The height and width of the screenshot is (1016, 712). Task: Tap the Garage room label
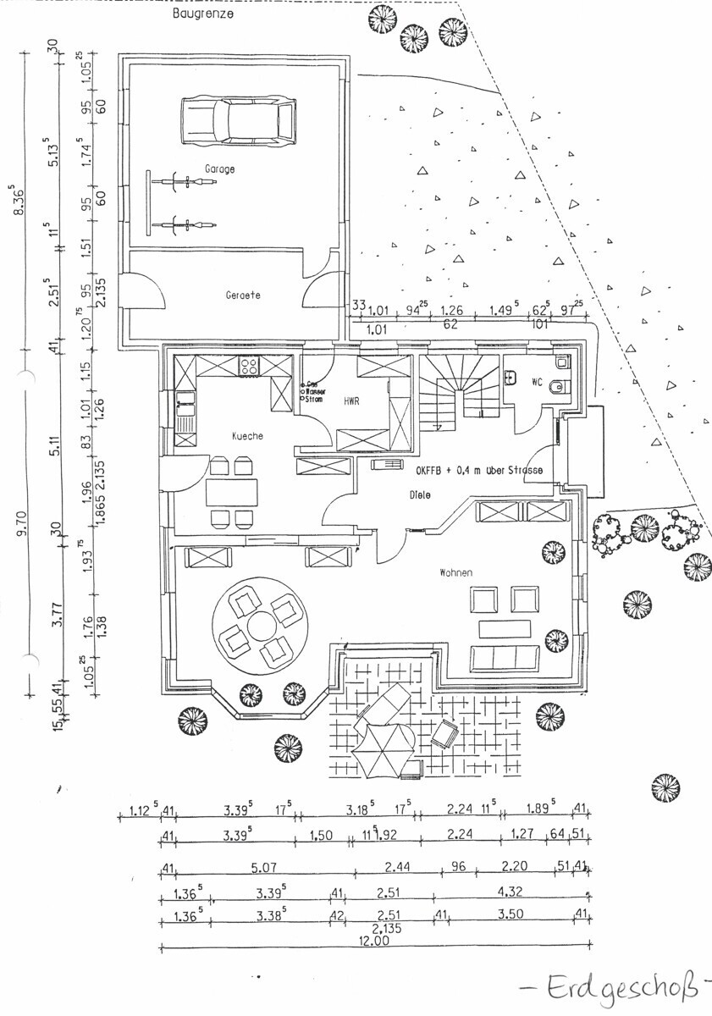[218, 169]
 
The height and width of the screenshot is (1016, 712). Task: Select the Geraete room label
[243, 295]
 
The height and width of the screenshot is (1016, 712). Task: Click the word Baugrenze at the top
[203, 14]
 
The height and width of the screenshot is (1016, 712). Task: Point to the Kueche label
[248, 435]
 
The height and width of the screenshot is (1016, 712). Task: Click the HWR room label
[351, 400]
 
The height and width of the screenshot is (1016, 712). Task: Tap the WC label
[536, 382]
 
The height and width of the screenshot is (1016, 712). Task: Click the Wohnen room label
[455, 573]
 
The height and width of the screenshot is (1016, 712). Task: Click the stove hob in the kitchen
[251, 367]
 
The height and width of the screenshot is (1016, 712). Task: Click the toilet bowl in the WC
[556, 388]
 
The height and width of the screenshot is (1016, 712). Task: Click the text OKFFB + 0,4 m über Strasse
[478, 471]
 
